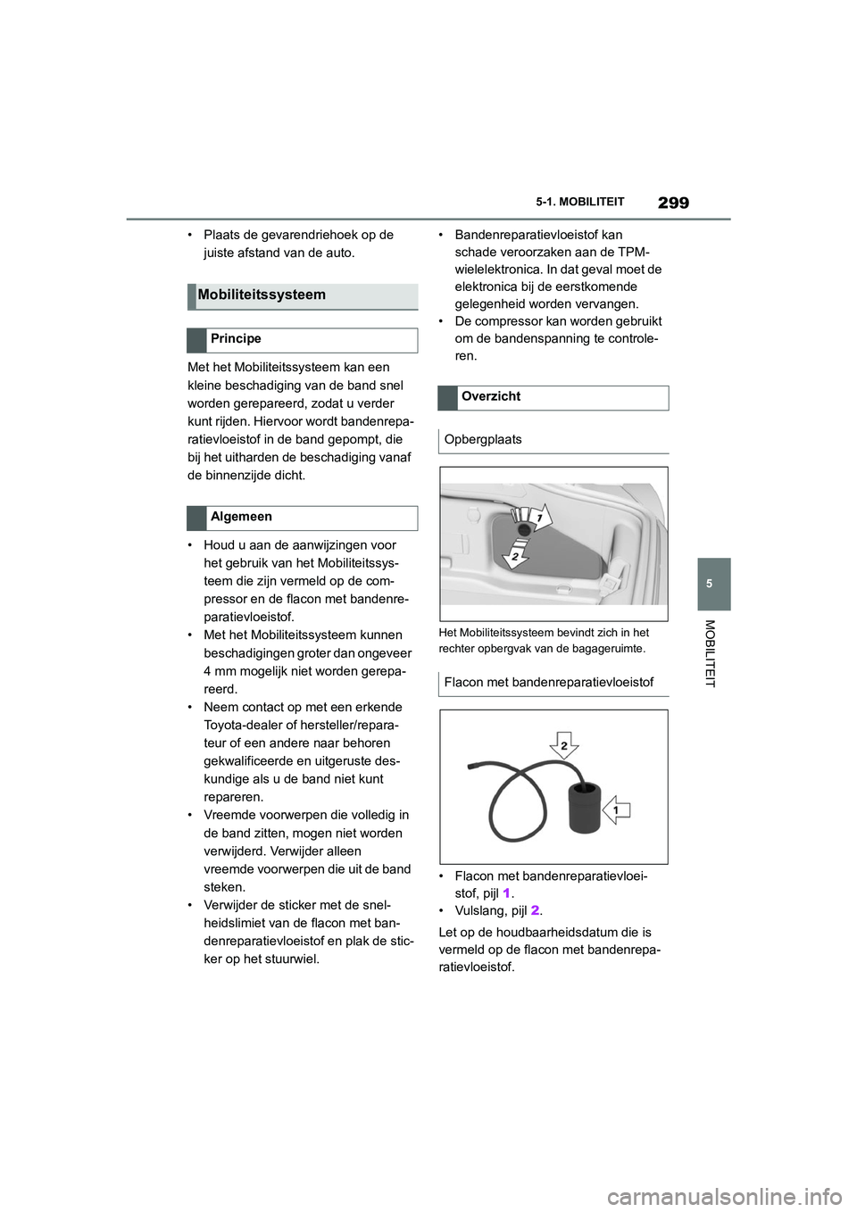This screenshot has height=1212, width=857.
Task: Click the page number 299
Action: (673, 203)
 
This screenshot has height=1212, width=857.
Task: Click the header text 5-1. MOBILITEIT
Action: (580, 203)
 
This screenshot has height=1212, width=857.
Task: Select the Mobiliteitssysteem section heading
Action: (262, 295)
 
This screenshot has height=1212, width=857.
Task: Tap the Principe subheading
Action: (236, 339)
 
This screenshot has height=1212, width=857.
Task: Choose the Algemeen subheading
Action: (241, 517)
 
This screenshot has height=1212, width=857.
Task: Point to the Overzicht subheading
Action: (491, 396)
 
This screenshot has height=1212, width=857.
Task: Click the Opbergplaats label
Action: (483, 439)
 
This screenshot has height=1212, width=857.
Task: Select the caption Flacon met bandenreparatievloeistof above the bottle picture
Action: (548, 682)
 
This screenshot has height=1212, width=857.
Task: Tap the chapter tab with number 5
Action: (710, 584)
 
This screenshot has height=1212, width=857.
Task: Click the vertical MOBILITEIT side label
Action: (711, 653)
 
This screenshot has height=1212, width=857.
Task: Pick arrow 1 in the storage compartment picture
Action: (537, 517)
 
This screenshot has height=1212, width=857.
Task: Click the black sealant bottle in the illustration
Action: (586, 807)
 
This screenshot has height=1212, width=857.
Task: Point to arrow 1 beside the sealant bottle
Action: (617, 810)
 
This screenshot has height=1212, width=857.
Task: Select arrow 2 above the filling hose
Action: (563, 745)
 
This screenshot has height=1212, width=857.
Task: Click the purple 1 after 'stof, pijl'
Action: (506, 893)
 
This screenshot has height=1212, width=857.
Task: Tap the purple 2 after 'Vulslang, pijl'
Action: (535, 911)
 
